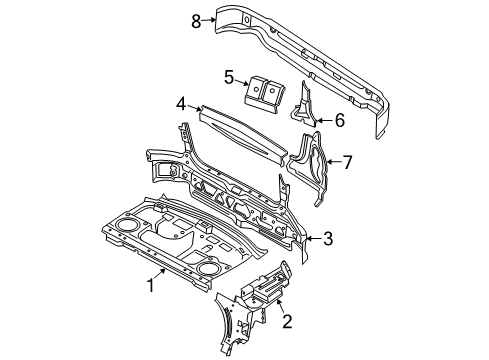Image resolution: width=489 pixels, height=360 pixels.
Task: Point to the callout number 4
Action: coord(181,102)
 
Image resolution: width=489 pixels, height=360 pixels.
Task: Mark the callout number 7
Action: coord(348,160)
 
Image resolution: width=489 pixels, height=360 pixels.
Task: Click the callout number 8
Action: coord(196,17)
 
